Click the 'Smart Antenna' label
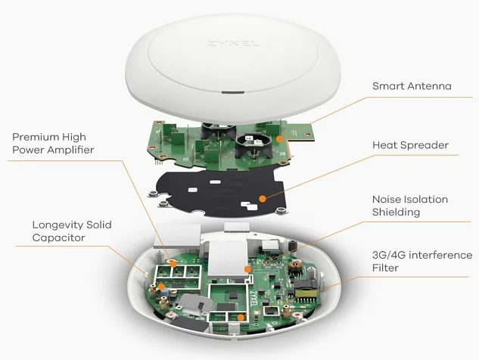(412, 86)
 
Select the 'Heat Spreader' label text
(410, 144)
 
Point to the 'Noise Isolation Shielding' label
(409, 206)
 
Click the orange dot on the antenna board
(279, 139)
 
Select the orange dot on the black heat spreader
(261, 199)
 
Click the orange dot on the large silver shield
(247, 268)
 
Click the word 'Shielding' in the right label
(396, 213)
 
